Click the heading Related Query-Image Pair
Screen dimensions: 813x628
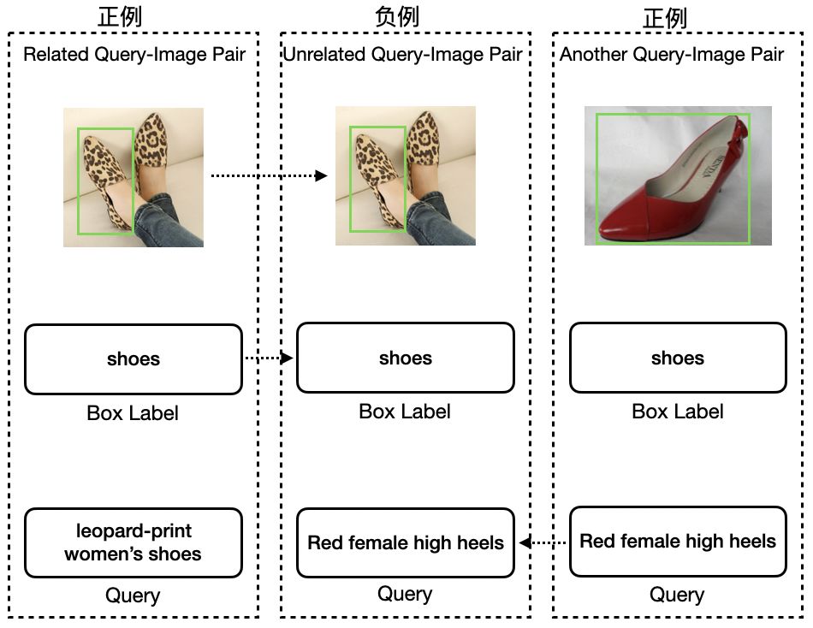click(x=134, y=55)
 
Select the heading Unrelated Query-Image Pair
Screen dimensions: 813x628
click(x=403, y=55)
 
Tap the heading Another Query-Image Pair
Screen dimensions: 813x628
click(x=672, y=55)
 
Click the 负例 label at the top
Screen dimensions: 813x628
click(x=397, y=16)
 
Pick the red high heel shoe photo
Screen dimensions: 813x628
click(x=678, y=175)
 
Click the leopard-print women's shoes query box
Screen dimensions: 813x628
click(x=134, y=542)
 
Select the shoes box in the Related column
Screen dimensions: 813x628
click(x=134, y=358)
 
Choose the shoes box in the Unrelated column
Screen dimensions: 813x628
click(x=406, y=358)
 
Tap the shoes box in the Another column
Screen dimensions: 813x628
click(x=678, y=358)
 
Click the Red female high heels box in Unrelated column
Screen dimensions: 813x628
click(x=406, y=542)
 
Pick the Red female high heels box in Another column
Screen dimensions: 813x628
click(x=678, y=541)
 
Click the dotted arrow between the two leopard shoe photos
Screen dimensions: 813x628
click(x=269, y=175)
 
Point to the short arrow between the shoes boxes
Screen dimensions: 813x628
click(x=269, y=358)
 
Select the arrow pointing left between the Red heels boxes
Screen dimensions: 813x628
click(x=543, y=542)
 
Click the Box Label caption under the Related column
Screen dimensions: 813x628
click(x=133, y=413)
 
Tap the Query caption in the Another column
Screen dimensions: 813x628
click(x=677, y=595)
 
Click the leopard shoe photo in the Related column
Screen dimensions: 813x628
click(x=134, y=177)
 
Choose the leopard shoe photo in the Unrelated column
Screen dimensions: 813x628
click(x=406, y=175)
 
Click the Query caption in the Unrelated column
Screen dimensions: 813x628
click(x=405, y=593)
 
